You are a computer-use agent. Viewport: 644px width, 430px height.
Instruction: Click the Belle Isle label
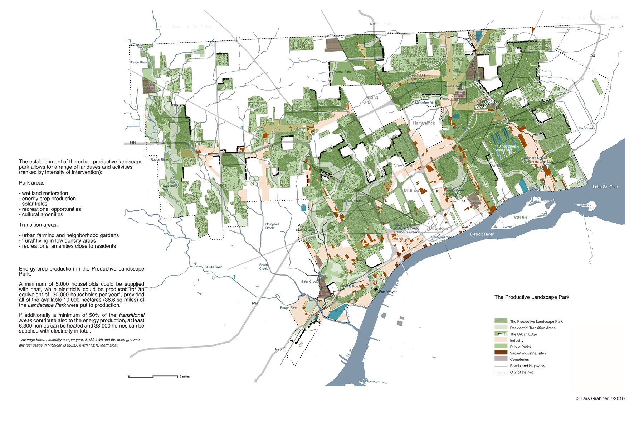(x=521, y=218)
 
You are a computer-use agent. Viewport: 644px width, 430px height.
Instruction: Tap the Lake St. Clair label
(x=605, y=187)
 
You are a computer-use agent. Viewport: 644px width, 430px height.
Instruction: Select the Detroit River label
(x=482, y=234)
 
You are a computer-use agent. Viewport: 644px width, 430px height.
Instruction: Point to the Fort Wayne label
(x=388, y=292)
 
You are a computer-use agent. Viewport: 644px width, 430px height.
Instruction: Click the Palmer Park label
(x=342, y=72)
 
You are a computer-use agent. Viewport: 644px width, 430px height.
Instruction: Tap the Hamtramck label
(x=424, y=123)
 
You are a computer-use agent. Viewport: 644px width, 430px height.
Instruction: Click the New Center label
(x=404, y=166)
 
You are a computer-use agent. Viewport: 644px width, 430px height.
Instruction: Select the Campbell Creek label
(x=272, y=226)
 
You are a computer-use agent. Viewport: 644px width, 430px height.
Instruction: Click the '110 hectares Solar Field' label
(x=505, y=148)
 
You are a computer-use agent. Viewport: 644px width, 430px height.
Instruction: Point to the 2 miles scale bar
(x=153, y=376)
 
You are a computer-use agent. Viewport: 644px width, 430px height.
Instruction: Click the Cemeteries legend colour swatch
(x=501, y=359)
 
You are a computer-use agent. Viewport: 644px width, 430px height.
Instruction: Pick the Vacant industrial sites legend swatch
(x=501, y=353)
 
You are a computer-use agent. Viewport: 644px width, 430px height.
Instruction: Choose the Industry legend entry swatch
(x=501, y=340)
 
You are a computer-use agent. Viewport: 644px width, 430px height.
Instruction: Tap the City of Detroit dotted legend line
(x=501, y=372)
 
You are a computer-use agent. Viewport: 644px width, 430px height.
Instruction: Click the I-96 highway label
(x=133, y=143)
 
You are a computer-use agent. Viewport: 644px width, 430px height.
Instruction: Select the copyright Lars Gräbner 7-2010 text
(x=600, y=398)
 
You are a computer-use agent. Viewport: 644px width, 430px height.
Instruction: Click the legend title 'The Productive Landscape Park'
(x=531, y=297)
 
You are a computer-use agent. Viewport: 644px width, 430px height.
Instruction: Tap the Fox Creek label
(x=586, y=128)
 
